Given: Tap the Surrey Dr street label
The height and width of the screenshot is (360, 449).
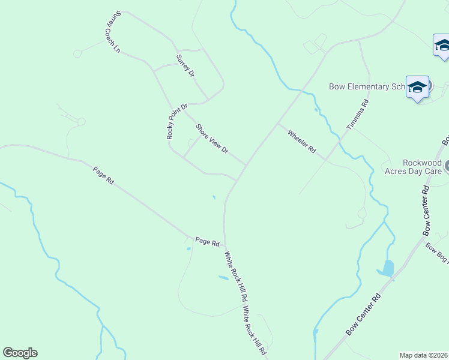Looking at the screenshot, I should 185,65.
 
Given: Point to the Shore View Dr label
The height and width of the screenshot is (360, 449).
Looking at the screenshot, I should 212,139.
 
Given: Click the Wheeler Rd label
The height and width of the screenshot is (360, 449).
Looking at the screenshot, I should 301,142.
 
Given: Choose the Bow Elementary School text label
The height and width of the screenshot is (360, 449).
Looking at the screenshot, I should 368,86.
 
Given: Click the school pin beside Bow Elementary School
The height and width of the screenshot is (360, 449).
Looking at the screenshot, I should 417,88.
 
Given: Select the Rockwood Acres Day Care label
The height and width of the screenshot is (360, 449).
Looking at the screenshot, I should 414,167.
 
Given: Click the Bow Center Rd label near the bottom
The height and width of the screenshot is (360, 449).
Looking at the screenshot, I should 364,314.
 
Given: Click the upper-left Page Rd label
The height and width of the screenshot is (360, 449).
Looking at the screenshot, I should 103,175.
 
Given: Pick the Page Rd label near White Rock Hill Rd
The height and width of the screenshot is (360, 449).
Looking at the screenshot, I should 207,241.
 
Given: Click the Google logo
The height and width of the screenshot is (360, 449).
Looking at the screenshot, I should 20,353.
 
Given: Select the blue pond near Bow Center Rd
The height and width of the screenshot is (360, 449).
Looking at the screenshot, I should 388,268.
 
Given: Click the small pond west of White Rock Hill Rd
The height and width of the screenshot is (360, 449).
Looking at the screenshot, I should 223,278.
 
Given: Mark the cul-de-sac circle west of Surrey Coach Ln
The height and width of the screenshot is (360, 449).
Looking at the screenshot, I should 77,54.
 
